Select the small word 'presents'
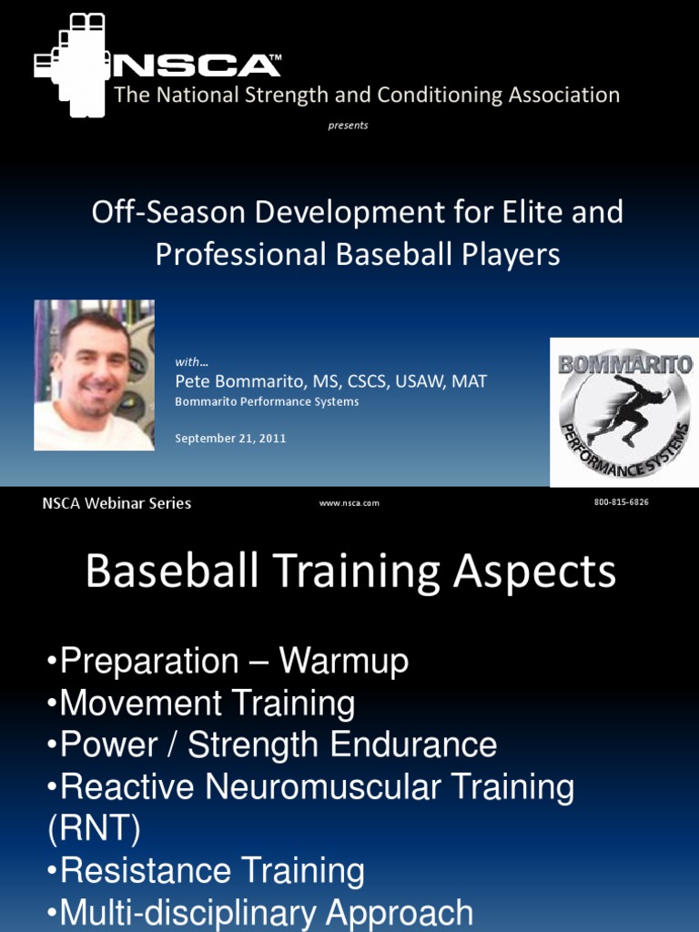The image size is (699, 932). (348, 126)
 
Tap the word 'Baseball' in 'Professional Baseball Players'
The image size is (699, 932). (391, 255)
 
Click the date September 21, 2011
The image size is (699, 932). (230, 438)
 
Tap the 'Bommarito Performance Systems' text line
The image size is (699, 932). (267, 401)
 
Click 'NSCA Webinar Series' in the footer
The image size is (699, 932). (116, 503)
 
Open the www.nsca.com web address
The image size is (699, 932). (349, 503)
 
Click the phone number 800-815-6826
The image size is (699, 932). (621, 502)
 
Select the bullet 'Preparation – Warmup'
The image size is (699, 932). (227, 663)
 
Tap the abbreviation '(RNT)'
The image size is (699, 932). (92, 829)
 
